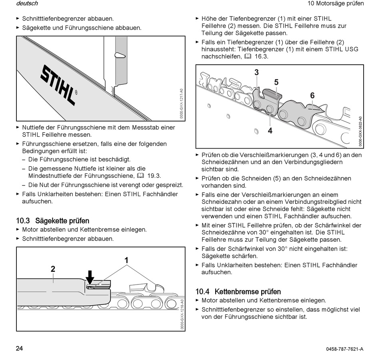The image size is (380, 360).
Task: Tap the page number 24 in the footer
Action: (20, 348)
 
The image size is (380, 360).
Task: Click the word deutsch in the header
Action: (27, 4)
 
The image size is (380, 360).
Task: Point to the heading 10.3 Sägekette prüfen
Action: (52, 221)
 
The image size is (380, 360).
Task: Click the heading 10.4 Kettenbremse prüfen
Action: (238, 292)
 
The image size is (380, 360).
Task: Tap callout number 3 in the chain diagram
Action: (256, 72)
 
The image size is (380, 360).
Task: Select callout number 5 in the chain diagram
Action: (276, 82)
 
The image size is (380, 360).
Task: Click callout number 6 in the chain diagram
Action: (312, 95)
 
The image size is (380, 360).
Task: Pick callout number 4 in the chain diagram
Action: (270, 130)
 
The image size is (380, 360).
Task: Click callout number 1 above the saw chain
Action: (126, 260)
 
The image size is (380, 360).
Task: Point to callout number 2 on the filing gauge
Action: (53, 269)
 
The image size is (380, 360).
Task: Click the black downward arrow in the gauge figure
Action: (90, 277)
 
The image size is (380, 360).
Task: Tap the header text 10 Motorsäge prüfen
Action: (336, 4)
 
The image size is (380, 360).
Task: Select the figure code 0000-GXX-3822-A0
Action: (360, 131)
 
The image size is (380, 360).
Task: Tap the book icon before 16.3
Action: (248, 56)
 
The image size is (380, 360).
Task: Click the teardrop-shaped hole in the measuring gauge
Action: (120, 55)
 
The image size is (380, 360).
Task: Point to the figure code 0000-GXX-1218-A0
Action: (181, 314)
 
